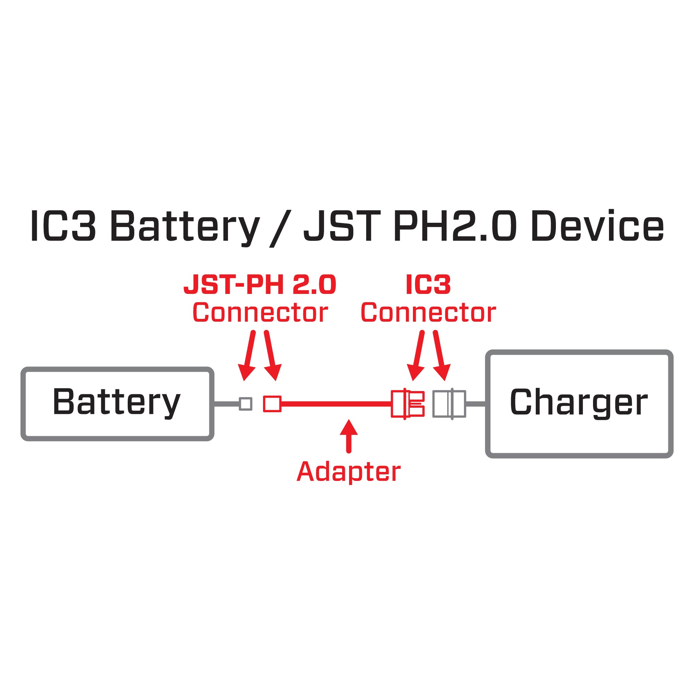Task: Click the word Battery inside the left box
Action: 116,402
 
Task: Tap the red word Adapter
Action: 348,471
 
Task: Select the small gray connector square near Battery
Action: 246,404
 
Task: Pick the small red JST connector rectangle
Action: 272,404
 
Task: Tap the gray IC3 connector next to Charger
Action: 449,404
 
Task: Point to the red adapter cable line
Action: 336,404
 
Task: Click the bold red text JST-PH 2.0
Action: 259,285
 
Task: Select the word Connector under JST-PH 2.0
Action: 260,313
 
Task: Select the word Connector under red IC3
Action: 428,313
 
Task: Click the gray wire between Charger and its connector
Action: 476,404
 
